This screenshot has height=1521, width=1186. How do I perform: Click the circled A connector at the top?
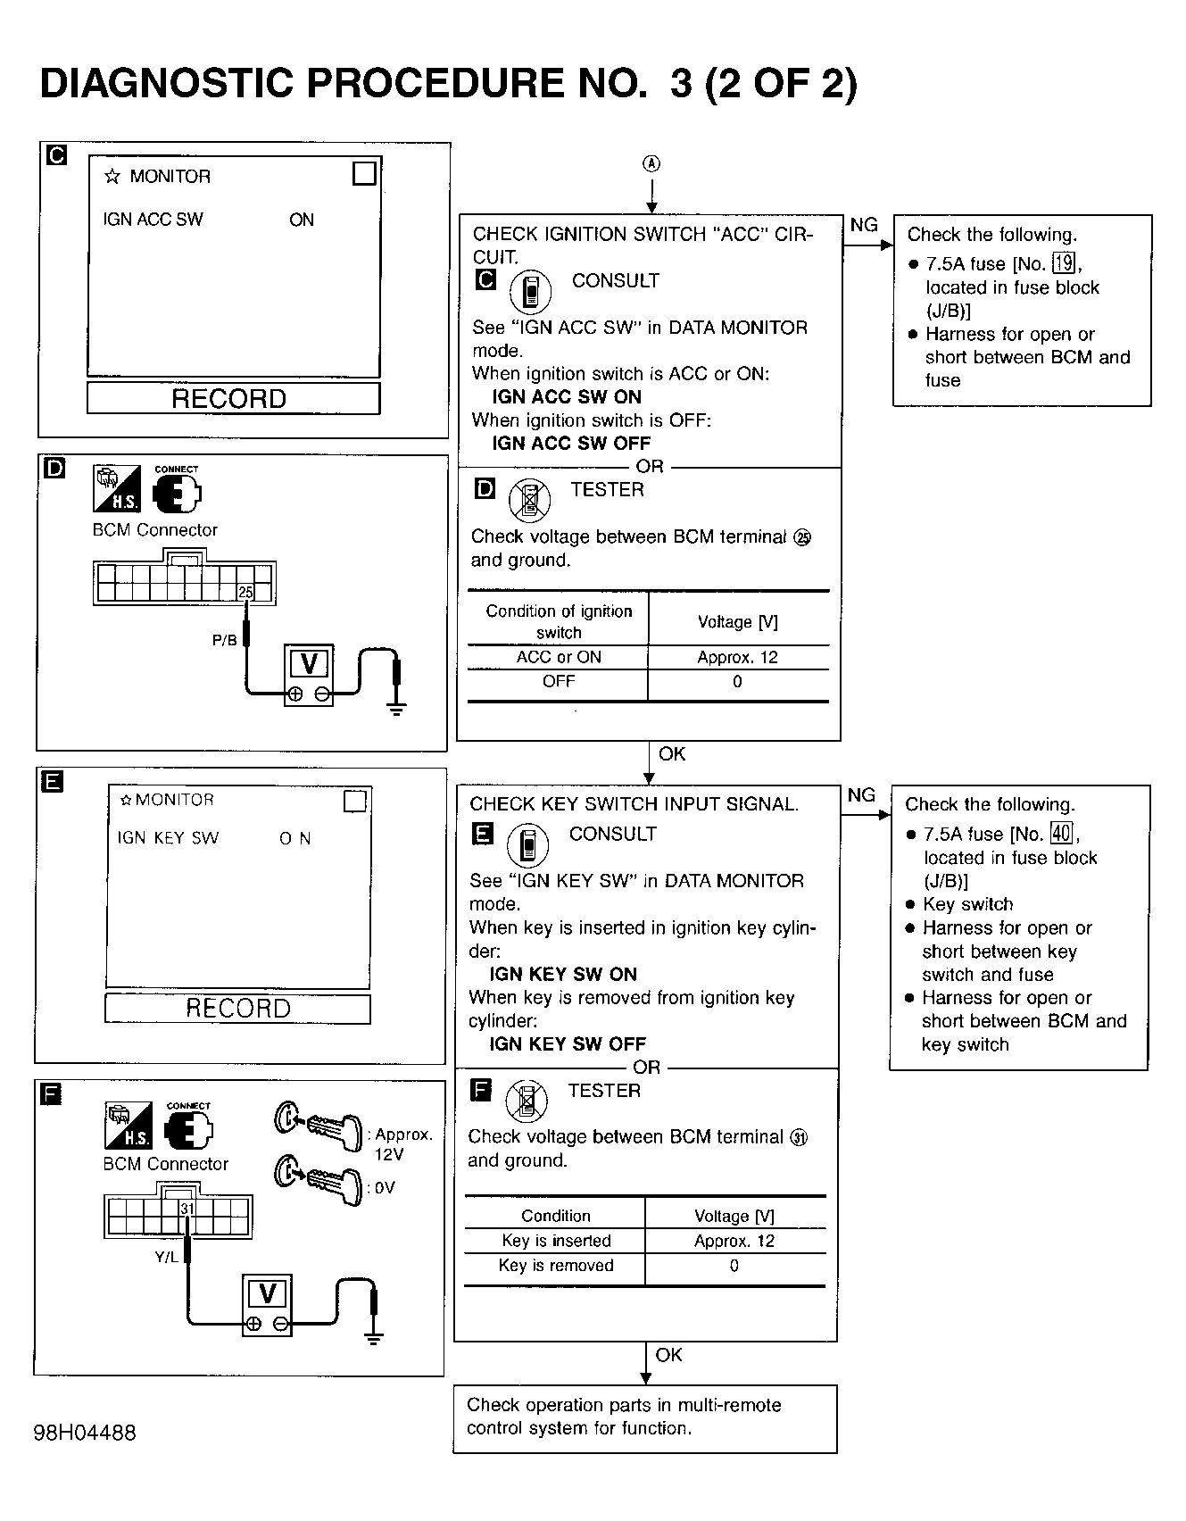[x=652, y=163]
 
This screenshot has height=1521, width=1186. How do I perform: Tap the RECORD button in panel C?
[x=233, y=398]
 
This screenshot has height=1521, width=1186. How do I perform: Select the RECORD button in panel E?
[x=237, y=1009]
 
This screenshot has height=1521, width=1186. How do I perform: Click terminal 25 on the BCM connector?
[x=245, y=592]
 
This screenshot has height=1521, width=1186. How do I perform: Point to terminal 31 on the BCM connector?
[x=187, y=1209]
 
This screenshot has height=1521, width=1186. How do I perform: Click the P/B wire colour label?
[x=224, y=640]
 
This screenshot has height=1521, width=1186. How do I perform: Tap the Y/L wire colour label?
[x=166, y=1257]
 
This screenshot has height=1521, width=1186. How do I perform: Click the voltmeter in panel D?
[x=309, y=675]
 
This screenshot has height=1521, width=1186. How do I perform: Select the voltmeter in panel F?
[x=267, y=1304]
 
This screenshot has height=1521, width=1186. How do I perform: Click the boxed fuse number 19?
[x=1064, y=263]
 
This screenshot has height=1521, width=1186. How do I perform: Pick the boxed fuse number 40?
[x=1061, y=834]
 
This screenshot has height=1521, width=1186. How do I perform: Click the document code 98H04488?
[x=85, y=1433]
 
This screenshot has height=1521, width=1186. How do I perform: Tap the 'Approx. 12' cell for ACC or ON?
[x=737, y=658]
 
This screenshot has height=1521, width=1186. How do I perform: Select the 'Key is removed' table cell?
[x=556, y=1265]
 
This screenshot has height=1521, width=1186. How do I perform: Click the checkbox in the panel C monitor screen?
[x=364, y=173]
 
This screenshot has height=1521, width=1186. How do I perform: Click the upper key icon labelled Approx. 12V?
[x=319, y=1126]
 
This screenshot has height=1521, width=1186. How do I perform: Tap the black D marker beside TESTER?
[x=485, y=489]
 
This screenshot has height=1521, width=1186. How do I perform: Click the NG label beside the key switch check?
[x=861, y=794]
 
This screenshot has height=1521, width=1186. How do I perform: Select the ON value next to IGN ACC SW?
[x=302, y=220]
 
